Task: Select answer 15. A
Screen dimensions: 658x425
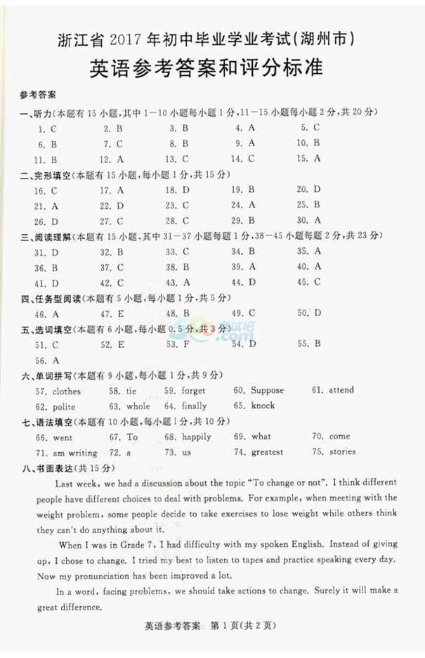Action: (x=308, y=159)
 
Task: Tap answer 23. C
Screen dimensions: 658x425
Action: (x=177, y=205)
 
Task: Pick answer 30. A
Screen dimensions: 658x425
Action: (x=308, y=221)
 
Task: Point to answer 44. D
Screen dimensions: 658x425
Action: (x=243, y=283)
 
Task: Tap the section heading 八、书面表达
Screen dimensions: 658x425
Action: (x=48, y=468)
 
